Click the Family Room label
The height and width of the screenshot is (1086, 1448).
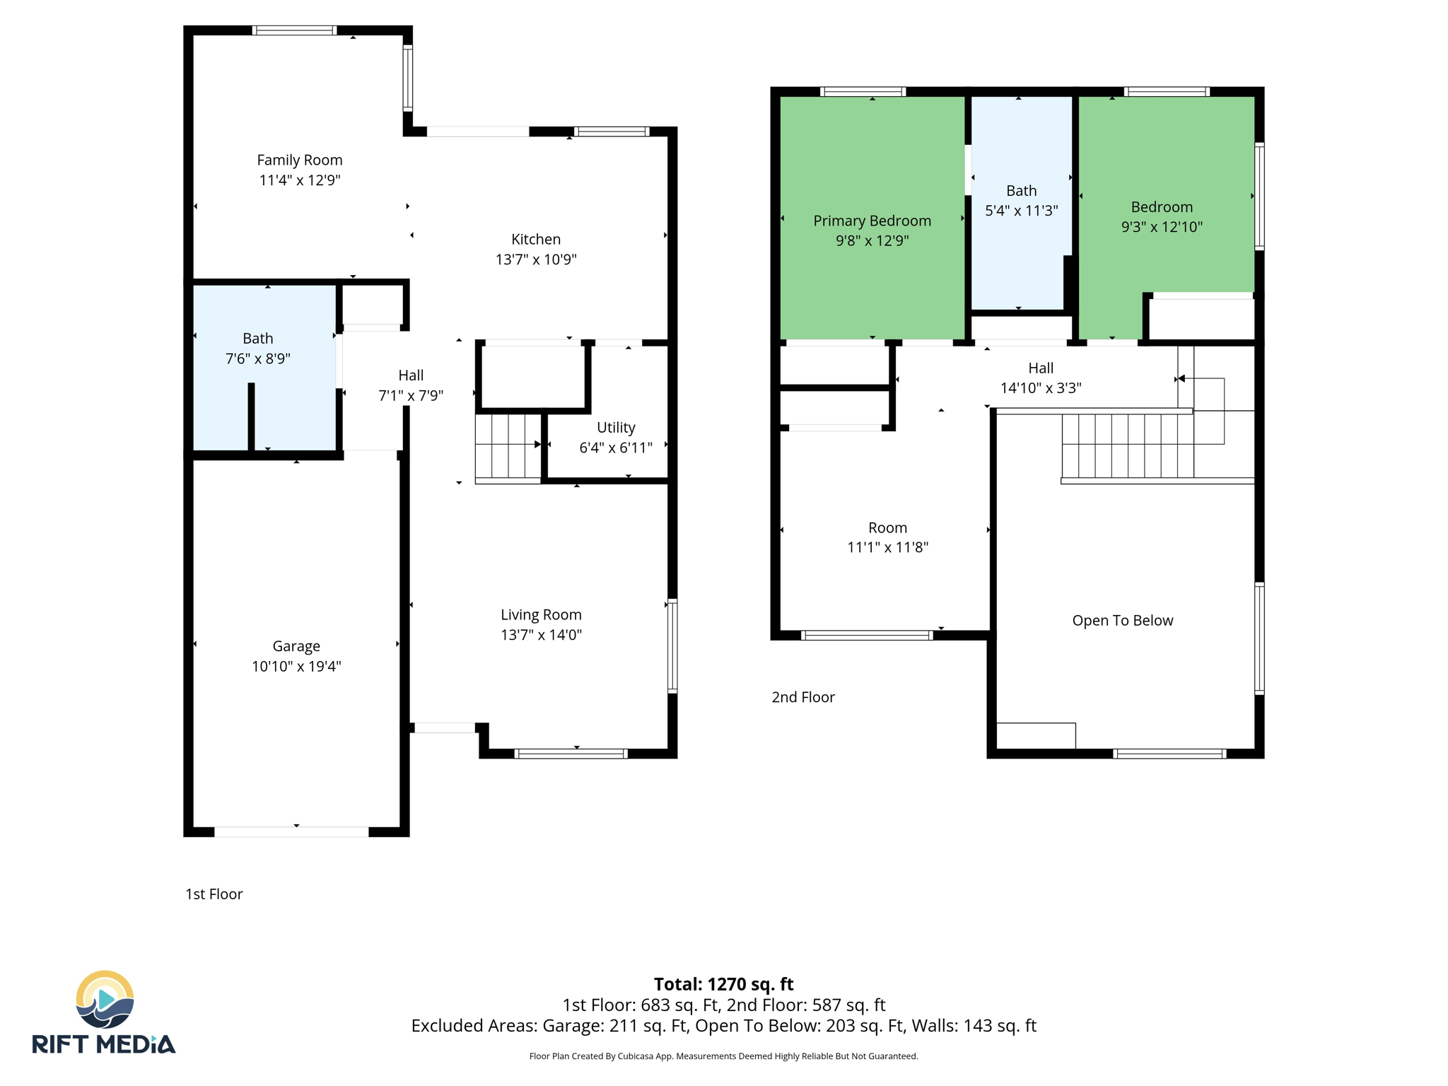299,160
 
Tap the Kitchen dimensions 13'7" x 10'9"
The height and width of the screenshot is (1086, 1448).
536,259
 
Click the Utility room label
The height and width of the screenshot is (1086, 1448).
615,428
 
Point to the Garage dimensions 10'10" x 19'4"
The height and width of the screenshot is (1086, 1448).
296,666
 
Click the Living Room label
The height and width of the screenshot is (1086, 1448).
541,615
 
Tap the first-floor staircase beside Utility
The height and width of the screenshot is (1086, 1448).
507,447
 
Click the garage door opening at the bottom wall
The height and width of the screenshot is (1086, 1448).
291,831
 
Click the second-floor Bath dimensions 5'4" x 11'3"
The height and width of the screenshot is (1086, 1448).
1021,211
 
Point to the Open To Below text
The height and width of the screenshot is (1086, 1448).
1122,621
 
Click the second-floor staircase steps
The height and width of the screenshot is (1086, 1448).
1127,445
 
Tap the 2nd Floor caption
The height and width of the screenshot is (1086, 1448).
802,697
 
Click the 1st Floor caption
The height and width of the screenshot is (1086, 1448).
214,894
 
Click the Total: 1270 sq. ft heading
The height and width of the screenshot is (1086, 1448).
723,984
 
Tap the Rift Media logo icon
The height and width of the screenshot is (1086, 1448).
105,1000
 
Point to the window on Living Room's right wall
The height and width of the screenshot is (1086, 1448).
672,645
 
